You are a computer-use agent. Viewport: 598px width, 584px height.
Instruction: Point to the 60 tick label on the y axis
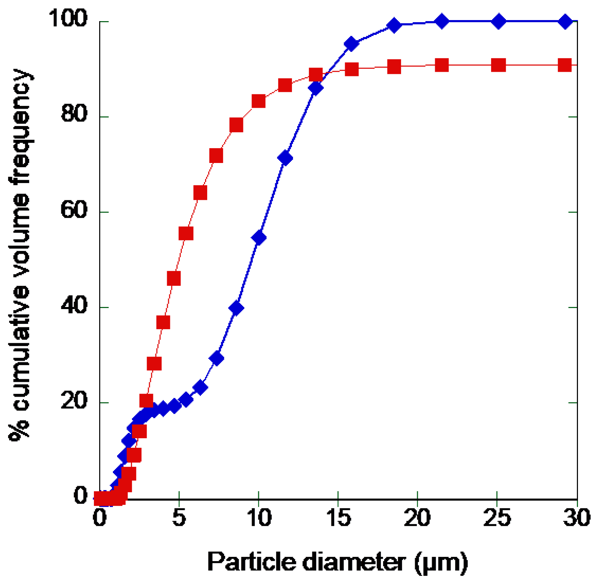click(x=74, y=210)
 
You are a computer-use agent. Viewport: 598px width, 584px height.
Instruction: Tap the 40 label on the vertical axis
click(x=74, y=305)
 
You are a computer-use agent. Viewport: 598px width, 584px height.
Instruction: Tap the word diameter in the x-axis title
click(x=354, y=562)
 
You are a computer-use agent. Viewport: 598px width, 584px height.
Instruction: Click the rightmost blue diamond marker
click(x=565, y=21)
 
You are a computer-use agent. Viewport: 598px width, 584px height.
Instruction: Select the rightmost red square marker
click(x=565, y=65)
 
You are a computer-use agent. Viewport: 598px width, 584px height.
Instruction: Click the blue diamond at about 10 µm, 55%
click(x=259, y=238)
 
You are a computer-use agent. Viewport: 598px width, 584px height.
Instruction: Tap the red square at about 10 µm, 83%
click(x=259, y=101)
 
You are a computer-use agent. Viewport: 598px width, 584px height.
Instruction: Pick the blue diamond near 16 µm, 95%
click(x=351, y=44)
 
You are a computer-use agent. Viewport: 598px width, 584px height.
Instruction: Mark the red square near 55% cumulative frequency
click(x=186, y=233)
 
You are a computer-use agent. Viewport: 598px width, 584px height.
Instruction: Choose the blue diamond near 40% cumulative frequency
click(x=236, y=308)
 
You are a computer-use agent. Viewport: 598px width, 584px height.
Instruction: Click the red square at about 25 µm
click(x=498, y=65)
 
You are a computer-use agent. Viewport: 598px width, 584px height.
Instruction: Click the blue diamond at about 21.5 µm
click(x=442, y=21)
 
